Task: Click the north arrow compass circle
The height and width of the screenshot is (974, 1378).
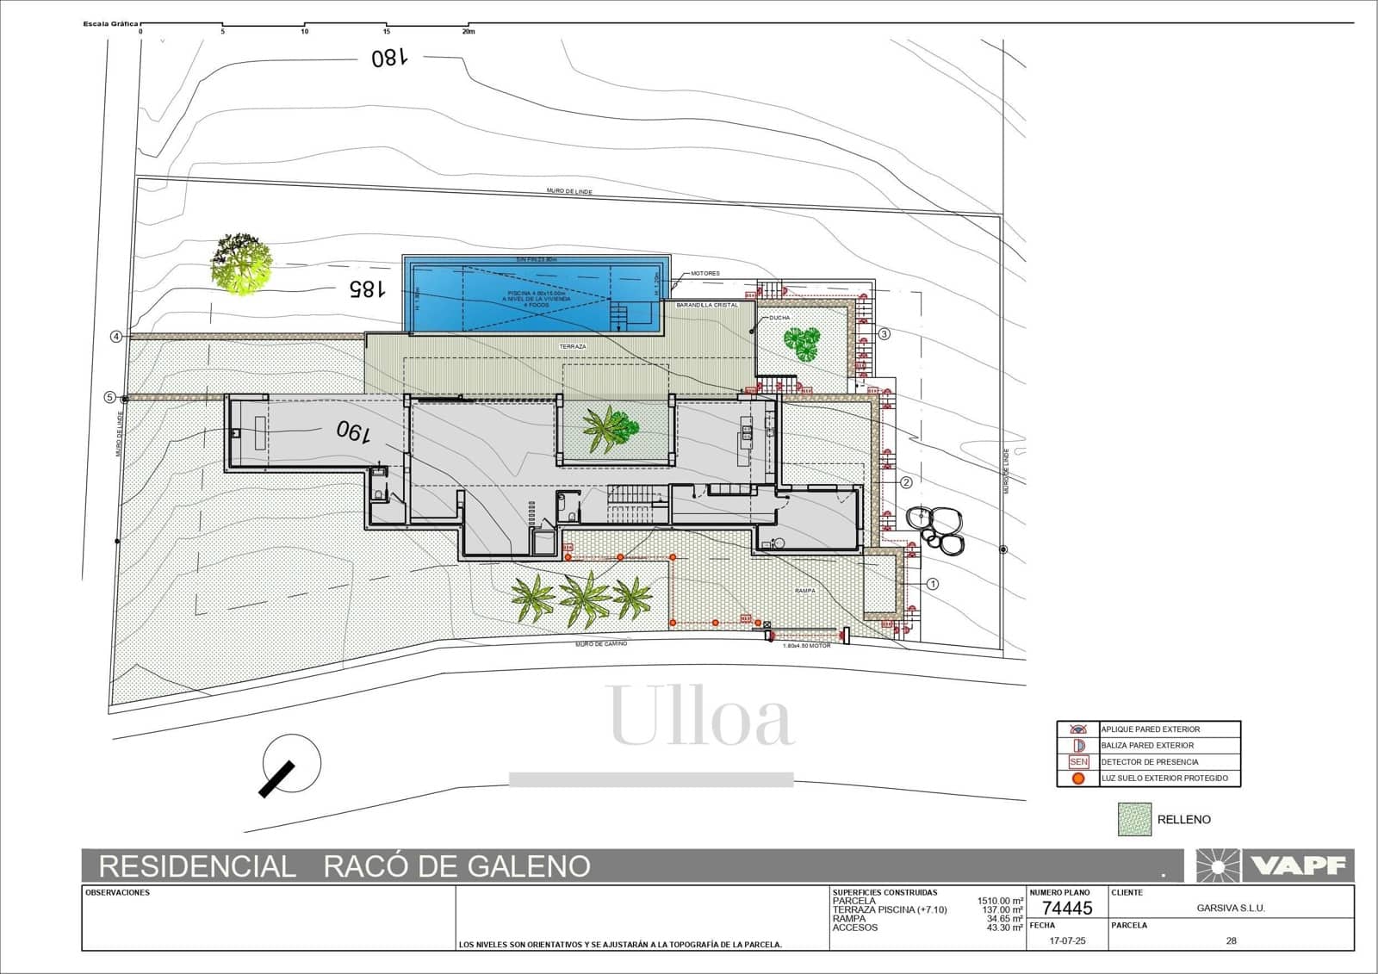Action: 291,764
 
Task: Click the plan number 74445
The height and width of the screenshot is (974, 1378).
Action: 1066,908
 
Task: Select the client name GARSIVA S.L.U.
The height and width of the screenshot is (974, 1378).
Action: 1231,908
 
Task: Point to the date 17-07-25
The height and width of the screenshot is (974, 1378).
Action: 1068,940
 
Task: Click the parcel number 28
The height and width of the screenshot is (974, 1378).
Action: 1231,940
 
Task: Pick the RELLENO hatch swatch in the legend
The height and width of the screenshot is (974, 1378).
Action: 1134,819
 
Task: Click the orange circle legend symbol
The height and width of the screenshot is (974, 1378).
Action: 1078,779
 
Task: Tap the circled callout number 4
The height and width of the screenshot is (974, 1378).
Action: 116,337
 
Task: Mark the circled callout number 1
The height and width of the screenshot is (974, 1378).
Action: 933,584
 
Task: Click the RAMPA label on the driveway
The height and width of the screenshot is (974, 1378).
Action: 804,591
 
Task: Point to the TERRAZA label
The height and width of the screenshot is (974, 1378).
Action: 573,346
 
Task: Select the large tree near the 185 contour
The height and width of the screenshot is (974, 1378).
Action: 241,264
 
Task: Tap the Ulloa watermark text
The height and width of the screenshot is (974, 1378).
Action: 700,717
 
